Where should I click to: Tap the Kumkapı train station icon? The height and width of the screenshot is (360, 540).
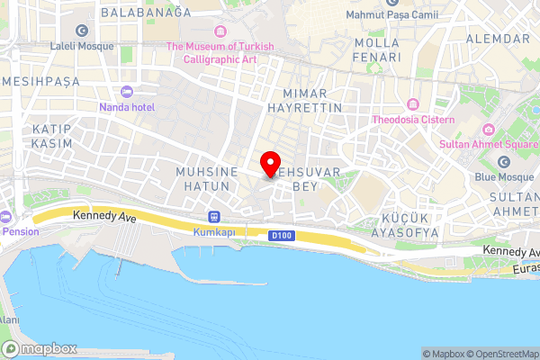click(x=214, y=216)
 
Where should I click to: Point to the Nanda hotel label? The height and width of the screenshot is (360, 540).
click(x=127, y=106)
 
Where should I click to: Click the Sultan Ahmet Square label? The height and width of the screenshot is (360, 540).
click(x=490, y=143)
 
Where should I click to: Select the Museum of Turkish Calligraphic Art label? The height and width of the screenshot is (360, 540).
click(x=220, y=51)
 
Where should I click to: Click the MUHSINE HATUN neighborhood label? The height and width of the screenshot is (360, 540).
click(x=207, y=178)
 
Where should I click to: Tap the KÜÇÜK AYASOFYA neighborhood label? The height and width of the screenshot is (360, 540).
click(x=409, y=224)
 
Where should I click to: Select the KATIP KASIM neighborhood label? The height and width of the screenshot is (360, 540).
click(x=52, y=137)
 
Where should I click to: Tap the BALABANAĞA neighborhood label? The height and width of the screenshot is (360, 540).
click(x=147, y=13)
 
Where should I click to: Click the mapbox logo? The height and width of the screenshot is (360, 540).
click(x=40, y=348)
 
